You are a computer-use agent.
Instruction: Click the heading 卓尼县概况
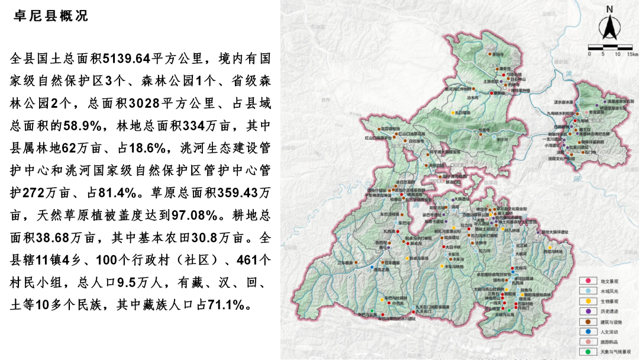coord(50,16)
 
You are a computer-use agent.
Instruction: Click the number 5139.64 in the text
coord(127,59)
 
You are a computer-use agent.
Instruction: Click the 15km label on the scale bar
coord(631,54)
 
